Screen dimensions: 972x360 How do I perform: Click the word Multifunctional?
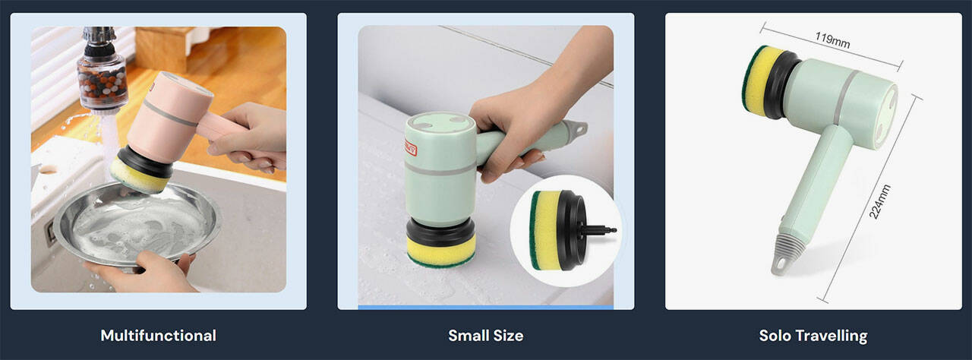pos(159,335)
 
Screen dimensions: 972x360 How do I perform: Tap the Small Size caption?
pos(485,335)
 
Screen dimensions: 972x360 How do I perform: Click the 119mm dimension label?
pos(832,40)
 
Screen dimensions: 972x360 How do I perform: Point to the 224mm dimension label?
pos(879,202)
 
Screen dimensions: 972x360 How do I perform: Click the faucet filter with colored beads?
pos(102,81)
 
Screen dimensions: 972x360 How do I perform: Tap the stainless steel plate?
pos(138,223)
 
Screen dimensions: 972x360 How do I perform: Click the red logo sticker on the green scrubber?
pos(411,147)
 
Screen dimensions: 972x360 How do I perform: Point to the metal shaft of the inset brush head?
pos(599,229)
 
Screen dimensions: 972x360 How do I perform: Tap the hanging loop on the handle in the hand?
pos(578,128)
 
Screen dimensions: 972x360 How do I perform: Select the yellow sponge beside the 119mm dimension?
pos(762,78)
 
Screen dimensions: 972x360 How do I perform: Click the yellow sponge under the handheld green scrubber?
pos(441,251)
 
